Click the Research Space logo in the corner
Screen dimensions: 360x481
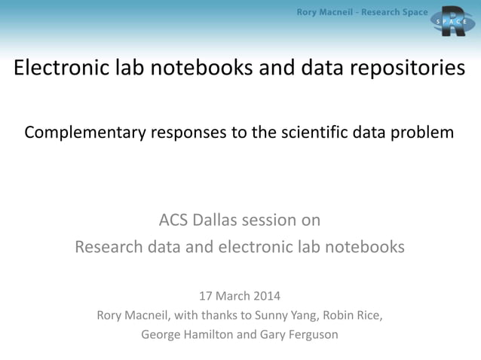[x=454, y=22]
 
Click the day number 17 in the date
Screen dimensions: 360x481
[x=206, y=295]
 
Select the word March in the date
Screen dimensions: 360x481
[x=234, y=295]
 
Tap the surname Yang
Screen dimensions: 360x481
[x=295, y=315]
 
